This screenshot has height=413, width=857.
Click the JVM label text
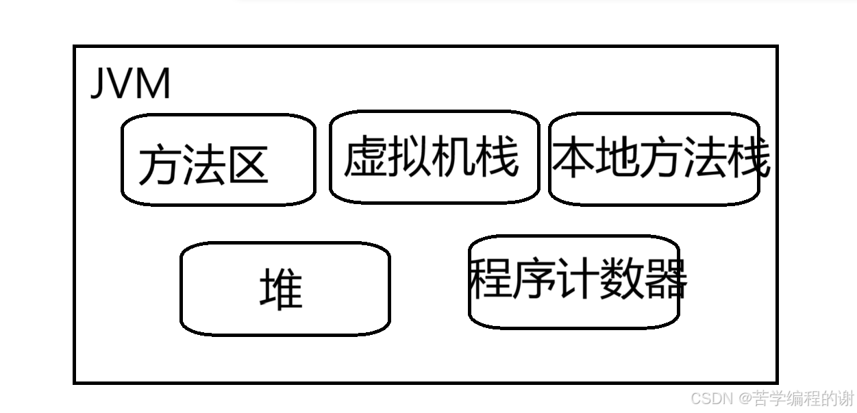coord(130,84)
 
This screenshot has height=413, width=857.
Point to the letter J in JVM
coord(97,85)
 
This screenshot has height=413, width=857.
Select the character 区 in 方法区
coord(245,164)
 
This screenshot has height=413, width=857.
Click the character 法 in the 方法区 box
coord(202,164)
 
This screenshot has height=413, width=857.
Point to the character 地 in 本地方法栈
coord(617,158)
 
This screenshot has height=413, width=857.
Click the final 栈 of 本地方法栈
coord(748,158)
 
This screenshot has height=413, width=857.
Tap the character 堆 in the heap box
coord(281,288)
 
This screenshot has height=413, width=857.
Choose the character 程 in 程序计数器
coord(491,279)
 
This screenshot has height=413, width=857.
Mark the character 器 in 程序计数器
coord(665,279)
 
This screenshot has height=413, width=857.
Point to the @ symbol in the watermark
coord(745,399)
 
